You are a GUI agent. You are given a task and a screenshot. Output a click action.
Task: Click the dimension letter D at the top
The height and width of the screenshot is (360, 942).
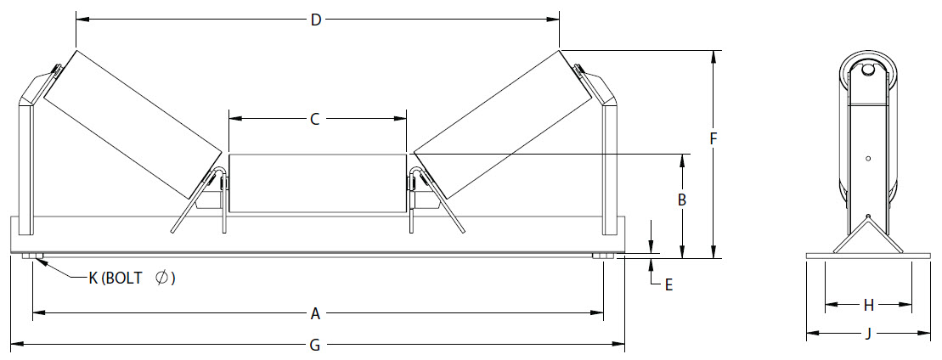(316, 20)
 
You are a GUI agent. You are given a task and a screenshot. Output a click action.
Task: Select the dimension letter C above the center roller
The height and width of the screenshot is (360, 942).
(314, 120)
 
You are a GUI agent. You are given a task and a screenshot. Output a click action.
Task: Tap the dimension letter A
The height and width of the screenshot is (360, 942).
(315, 314)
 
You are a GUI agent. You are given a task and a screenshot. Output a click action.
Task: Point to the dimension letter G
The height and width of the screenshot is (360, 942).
(315, 345)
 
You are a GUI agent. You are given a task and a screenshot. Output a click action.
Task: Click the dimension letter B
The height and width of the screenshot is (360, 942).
(681, 200)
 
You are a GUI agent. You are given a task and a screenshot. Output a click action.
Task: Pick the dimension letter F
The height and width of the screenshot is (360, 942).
(714, 137)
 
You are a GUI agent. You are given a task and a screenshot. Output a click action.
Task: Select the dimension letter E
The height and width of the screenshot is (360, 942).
(668, 285)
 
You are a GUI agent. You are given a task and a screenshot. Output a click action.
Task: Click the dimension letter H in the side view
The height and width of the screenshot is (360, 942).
(868, 304)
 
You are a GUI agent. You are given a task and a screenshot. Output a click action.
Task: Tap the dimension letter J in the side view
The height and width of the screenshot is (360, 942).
(868, 334)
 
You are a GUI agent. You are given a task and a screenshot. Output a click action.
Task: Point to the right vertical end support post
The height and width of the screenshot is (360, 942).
(609, 166)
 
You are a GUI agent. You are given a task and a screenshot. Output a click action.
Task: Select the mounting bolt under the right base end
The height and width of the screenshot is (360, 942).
(601, 257)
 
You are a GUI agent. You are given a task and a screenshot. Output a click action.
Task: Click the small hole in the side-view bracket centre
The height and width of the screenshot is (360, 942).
(868, 158)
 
